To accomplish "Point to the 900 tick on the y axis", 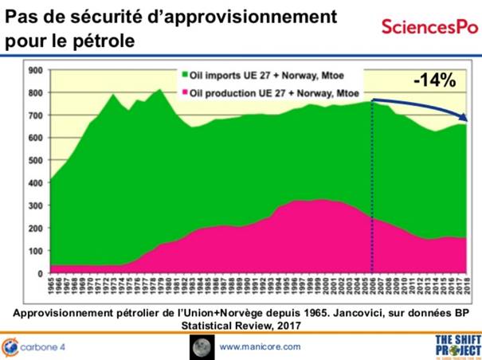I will [34, 70].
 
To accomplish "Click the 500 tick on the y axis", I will [34, 160].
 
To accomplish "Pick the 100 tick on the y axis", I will [34, 251].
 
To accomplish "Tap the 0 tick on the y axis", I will [40, 273].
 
